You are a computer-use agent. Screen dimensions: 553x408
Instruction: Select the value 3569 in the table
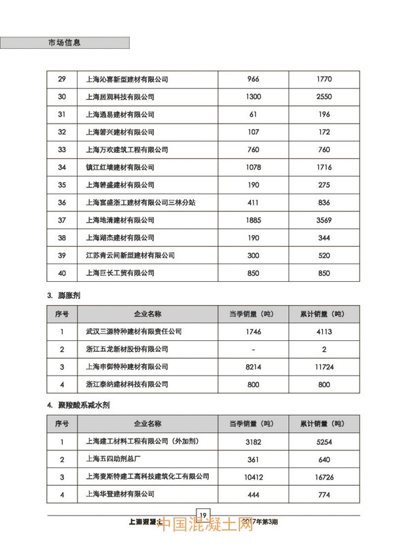[x=324, y=220]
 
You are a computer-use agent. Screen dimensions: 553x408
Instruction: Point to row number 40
[x=62, y=273]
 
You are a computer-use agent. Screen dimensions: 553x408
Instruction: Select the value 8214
[x=253, y=367]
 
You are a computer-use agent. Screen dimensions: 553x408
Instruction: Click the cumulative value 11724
[x=324, y=367]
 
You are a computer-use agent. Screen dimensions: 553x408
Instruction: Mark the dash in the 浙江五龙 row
[x=253, y=349]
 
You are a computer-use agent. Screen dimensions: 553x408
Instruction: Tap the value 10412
[x=253, y=477]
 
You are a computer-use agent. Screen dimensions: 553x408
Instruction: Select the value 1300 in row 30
[x=253, y=96]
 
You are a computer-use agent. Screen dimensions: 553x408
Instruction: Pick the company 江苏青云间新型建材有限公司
[x=131, y=255]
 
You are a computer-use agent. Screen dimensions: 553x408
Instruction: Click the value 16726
[x=324, y=477]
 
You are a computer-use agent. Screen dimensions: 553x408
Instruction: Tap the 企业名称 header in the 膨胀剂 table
[x=148, y=314]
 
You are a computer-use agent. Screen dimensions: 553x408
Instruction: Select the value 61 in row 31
[x=253, y=114]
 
